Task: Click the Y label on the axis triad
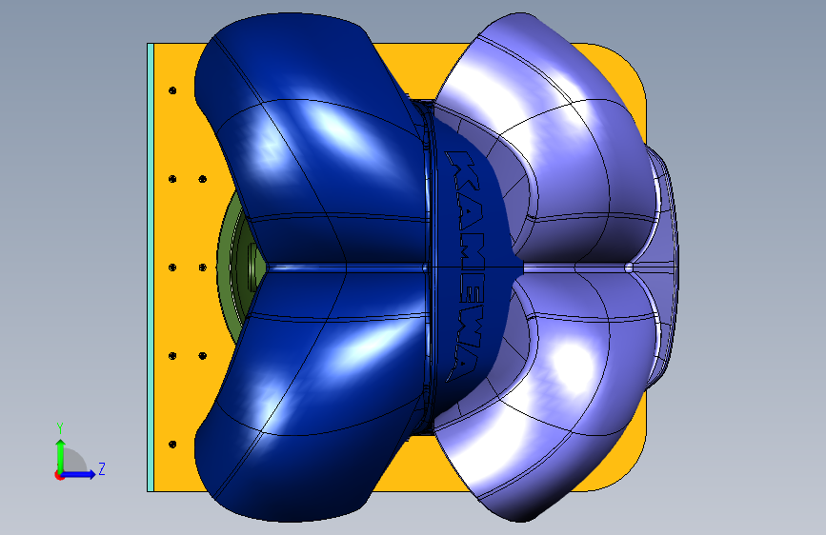pyautogui.click(x=60, y=427)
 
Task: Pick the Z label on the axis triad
pyautogui.click(x=102, y=468)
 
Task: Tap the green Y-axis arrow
pyautogui.click(x=61, y=456)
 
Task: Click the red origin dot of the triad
pyautogui.click(x=59, y=475)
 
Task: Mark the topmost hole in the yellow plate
pyautogui.click(x=172, y=90)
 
